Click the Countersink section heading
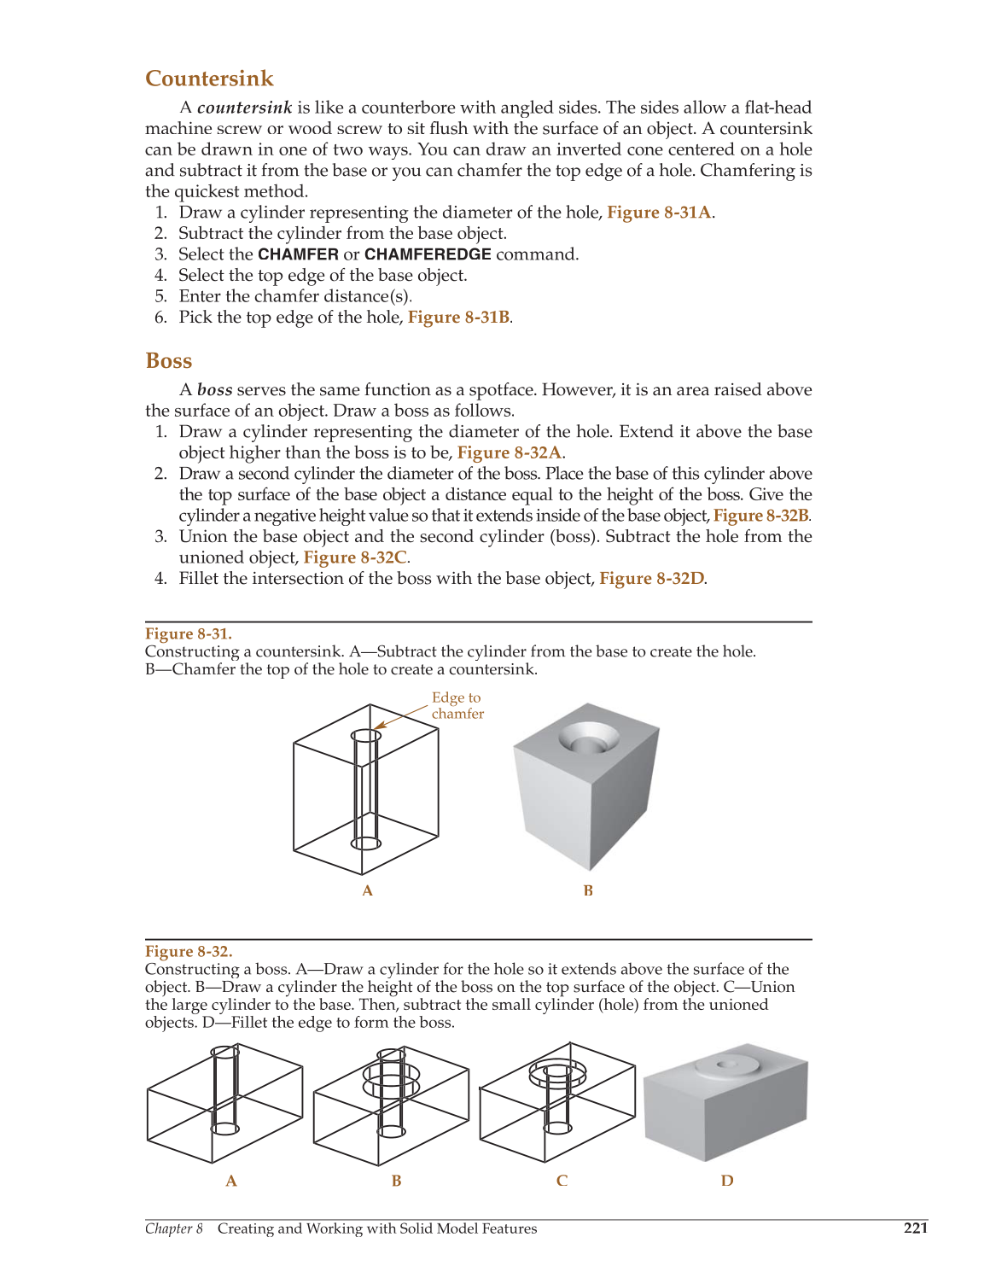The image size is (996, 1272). point(209,79)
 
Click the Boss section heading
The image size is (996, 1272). point(169,361)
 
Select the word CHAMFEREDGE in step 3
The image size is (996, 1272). point(428,254)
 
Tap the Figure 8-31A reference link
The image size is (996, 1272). point(659,213)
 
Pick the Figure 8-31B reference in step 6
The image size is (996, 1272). point(458,318)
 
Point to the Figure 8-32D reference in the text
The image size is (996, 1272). point(652,579)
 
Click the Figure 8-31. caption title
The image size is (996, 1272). point(189,633)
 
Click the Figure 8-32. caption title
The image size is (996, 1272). point(189,951)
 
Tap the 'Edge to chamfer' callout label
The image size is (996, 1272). point(457,706)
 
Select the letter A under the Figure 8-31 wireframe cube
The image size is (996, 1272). point(368,890)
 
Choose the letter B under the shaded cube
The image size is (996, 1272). point(588,890)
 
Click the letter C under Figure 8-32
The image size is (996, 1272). point(562,1181)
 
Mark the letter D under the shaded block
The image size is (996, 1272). point(727,1181)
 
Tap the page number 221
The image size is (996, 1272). point(915,1228)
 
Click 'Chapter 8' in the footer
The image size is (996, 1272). point(174,1228)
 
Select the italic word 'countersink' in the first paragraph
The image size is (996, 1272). point(244,108)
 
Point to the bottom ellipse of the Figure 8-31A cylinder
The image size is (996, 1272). point(366,843)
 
